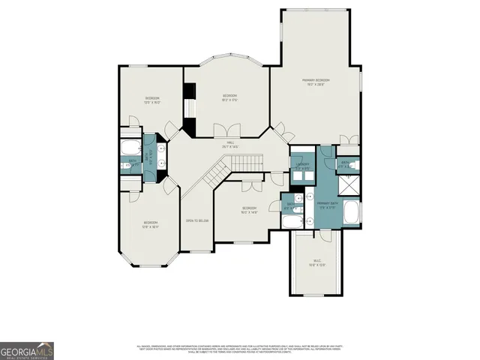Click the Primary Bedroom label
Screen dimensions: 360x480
[x=316, y=82]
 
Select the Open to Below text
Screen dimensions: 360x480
[x=196, y=220]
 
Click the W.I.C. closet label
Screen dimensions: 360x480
[x=316, y=262]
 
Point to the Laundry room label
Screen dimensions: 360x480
[x=302, y=166]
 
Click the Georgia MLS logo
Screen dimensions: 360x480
[x=27, y=350]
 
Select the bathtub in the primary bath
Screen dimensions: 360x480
[x=351, y=214]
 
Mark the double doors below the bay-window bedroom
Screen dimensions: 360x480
[x=222, y=132]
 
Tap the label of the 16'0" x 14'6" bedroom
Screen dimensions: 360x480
[x=249, y=210]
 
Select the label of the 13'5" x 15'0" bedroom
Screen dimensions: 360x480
[x=152, y=100]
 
